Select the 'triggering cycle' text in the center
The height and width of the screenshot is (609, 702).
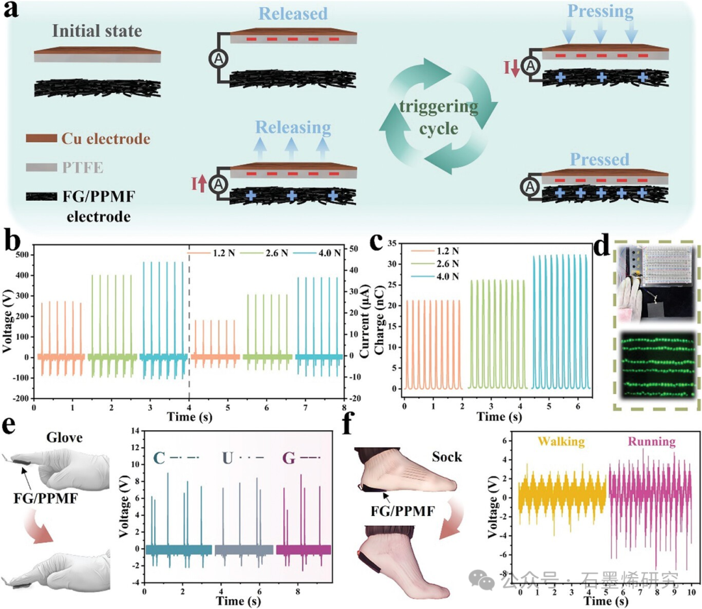(439, 115)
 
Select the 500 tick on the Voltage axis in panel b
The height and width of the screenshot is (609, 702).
(22, 255)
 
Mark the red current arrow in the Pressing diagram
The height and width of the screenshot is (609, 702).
(515, 68)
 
